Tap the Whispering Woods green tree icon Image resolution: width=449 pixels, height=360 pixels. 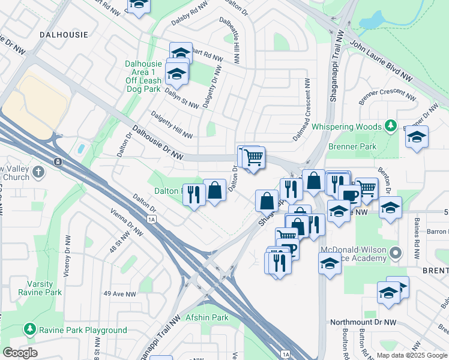click(x=391, y=125)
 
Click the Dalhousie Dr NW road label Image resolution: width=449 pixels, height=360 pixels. click(x=158, y=142)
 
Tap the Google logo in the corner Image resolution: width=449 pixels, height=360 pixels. click(x=20, y=352)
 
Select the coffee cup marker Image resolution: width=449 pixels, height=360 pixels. click(x=350, y=194)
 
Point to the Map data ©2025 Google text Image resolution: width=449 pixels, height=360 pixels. click(x=412, y=355)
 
